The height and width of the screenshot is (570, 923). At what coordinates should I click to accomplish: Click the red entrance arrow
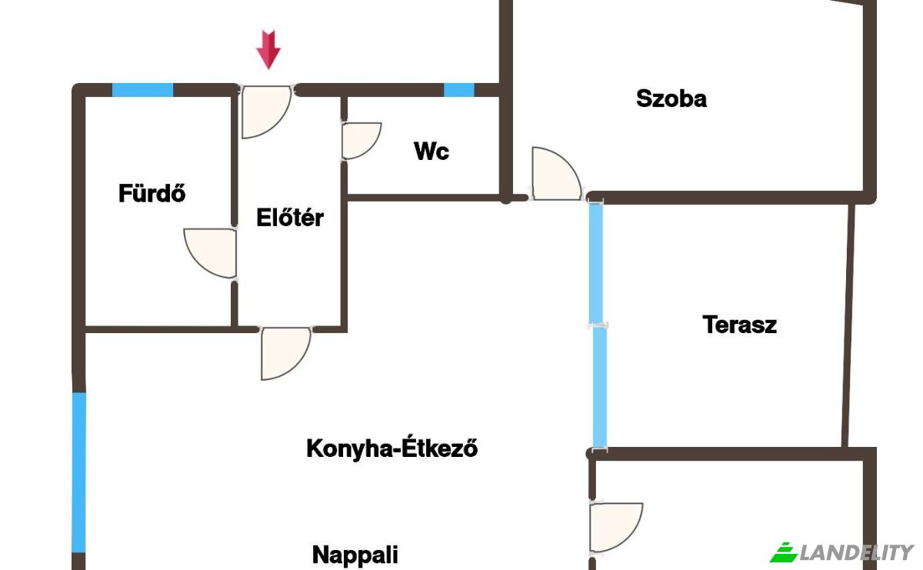click(268, 49)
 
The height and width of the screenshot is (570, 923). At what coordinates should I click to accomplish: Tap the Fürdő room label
click(152, 193)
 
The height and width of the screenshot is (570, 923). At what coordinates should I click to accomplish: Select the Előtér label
click(290, 217)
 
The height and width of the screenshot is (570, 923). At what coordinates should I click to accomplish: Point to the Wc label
click(432, 151)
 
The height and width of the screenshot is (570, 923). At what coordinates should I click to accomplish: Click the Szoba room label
click(671, 98)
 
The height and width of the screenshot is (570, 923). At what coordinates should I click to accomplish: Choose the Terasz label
click(740, 325)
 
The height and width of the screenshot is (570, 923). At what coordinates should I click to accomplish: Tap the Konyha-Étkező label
click(392, 447)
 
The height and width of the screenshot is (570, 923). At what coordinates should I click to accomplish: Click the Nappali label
click(355, 555)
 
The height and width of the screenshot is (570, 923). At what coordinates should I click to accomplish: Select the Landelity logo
click(842, 552)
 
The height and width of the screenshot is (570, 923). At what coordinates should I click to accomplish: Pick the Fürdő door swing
click(210, 252)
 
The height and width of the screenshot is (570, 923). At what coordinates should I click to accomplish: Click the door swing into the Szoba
click(556, 174)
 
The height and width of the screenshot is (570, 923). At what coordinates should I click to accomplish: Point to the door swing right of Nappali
click(616, 527)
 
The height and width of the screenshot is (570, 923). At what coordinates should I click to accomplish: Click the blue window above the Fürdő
click(142, 90)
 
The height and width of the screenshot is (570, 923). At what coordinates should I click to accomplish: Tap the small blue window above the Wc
click(459, 90)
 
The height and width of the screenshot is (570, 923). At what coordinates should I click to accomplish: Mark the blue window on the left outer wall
click(78, 472)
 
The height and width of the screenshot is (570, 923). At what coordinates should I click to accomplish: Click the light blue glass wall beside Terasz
click(598, 325)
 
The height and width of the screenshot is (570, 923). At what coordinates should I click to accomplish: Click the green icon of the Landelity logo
click(784, 552)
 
